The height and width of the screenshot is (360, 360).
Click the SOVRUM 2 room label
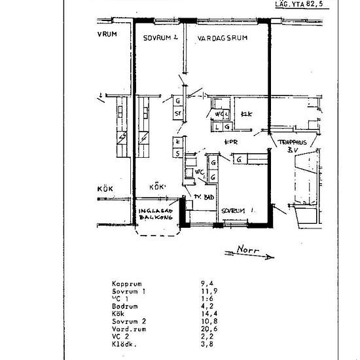point(161,39)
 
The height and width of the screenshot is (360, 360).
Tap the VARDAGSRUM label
point(222,39)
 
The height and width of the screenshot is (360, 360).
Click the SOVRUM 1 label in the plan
point(236,211)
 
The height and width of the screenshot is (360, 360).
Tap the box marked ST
point(177,113)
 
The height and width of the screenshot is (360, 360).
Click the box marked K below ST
point(177,141)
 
